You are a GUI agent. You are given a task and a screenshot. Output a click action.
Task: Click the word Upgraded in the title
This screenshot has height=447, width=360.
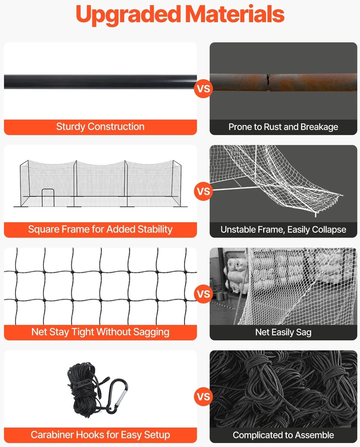[x=128, y=15]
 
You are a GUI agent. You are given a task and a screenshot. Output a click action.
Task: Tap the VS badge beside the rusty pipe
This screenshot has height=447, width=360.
[x=203, y=88]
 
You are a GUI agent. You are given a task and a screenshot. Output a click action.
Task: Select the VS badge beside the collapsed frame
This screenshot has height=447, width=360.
[x=203, y=191]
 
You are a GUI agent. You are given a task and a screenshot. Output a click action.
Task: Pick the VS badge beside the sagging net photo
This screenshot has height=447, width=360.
[x=203, y=294]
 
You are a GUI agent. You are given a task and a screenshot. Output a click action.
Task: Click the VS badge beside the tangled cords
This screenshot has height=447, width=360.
[x=203, y=396]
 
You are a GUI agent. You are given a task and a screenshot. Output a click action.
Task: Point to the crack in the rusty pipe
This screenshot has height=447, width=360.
[x=268, y=82]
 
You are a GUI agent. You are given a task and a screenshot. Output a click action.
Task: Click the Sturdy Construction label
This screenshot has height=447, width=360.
[x=100, y=127]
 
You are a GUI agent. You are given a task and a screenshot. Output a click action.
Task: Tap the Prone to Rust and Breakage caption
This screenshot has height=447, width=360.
[x=283, y=127]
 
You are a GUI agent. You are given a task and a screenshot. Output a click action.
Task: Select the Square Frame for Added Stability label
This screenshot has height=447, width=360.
[x=100, y=229]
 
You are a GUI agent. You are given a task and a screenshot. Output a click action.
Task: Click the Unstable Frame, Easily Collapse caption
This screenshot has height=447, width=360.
[x=283, y=230]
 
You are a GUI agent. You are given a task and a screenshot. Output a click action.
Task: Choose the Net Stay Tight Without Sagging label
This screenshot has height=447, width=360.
[x=100, y=332]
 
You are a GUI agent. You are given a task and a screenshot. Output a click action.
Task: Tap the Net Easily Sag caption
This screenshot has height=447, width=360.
[x=283, y=332]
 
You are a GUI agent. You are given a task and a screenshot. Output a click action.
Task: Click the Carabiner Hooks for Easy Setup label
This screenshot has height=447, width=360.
[x=100, y=435]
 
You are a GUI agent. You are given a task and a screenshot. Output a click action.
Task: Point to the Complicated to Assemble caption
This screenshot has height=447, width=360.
[x=283, y=435]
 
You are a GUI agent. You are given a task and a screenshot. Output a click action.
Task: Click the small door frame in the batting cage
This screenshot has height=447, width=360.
[x=48, y=197]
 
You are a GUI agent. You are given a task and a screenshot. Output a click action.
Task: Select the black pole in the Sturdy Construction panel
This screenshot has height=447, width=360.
[x=100, y=82]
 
